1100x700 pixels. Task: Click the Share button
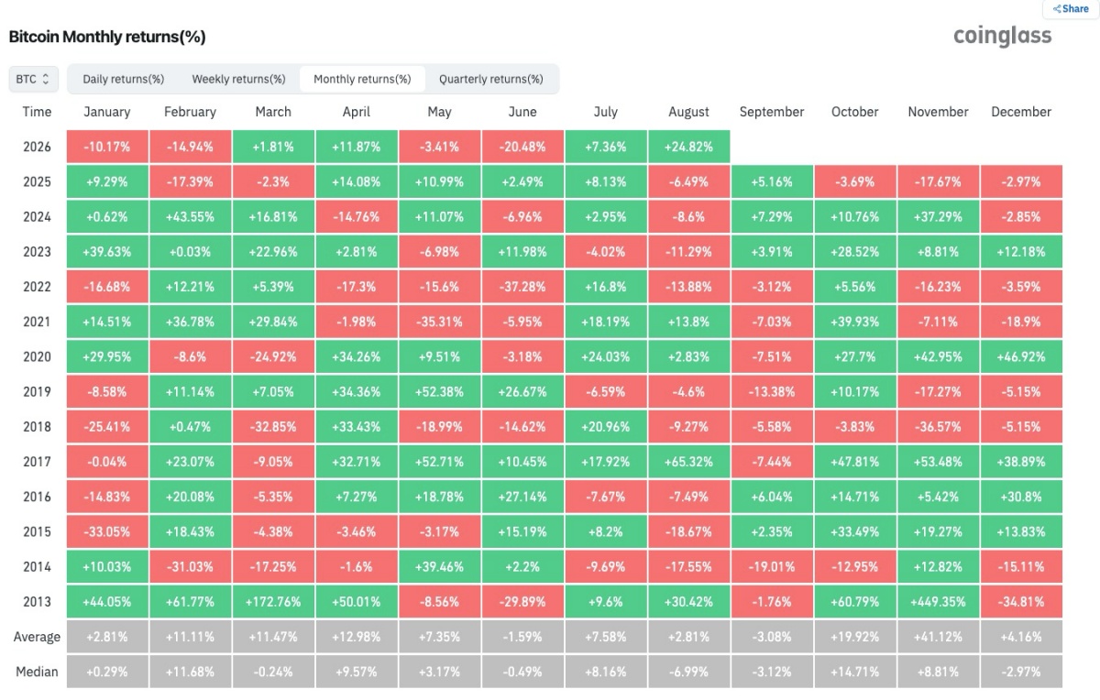[x=1071, y=9]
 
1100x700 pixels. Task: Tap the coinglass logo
[x=1002, y=36]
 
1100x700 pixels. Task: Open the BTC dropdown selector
[x=33, y=79]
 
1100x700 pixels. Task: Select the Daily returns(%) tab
[x=123, y=79]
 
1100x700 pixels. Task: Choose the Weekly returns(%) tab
[x=238, y=79]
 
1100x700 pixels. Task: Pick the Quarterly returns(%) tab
[x=491, y=79]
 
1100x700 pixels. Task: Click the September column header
[x=772, y=112]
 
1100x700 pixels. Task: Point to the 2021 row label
[x=37, y=322]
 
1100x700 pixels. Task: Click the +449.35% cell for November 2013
[x=938, y=602]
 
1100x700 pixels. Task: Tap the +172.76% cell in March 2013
[x=273, y=602]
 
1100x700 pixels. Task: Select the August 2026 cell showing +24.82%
[x=688, y=147]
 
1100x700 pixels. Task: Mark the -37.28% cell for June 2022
[x=522, y=287]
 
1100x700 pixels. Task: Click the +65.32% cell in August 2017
[x=688, y=462]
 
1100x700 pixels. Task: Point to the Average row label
[x=37, y=637]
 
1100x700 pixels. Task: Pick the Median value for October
[x=855, y=672]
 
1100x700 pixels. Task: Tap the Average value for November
[x=938, y=637]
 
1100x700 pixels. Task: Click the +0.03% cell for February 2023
[x=190, y=252]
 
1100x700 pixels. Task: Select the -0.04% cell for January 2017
[x=107, y=462]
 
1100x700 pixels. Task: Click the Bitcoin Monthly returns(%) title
[x=107, y=37]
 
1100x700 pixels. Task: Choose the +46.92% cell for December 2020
[x=1021, y=357]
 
